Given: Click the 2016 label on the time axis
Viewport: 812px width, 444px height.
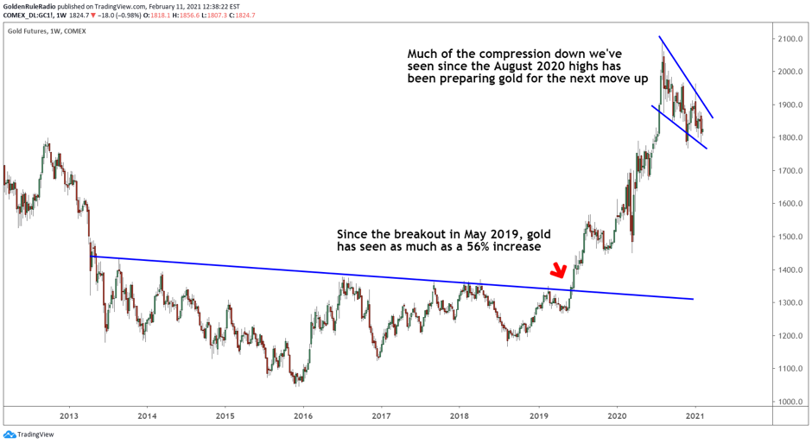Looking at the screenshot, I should point(303,416).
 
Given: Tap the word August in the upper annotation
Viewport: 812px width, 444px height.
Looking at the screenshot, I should point(546,67).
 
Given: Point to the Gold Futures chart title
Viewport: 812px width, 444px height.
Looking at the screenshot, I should point(47,31).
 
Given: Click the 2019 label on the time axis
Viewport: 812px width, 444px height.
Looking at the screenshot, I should point(538,416).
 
